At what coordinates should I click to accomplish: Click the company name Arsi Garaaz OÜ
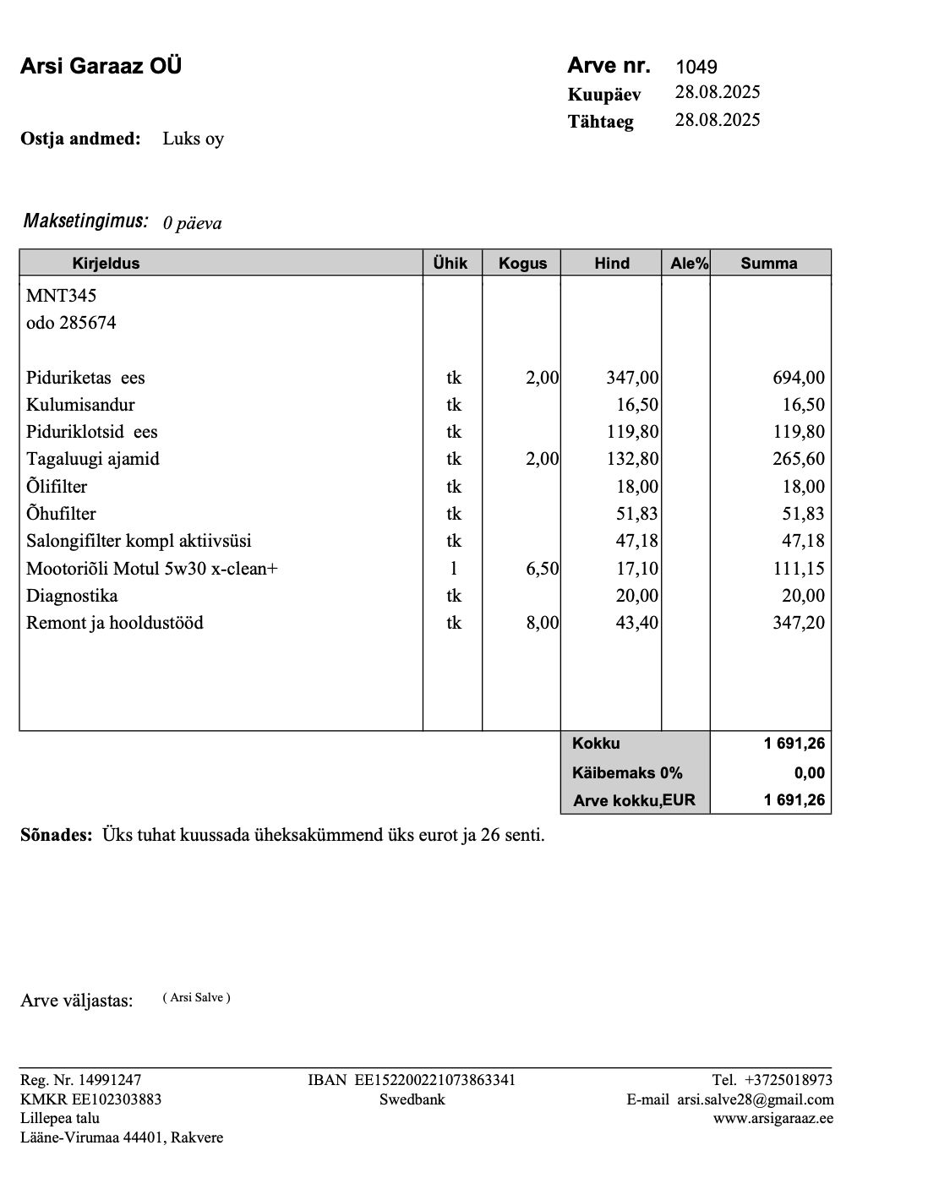[x=101, y=66]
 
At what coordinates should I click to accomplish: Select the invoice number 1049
[x=696, y=67]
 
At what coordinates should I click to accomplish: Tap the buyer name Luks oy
[x=193, y=139]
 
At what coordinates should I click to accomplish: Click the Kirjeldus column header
[x=106, y=263]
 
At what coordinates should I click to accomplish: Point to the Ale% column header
[x=689, y=263]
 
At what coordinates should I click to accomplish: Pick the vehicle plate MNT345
[x=61, y=295]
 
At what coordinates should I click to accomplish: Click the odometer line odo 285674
[x=71, y=323]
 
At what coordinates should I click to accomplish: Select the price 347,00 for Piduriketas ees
[x=632, y=378]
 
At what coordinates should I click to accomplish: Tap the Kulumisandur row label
[x=80, y=405]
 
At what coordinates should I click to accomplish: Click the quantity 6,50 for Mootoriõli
[x=542, y=569]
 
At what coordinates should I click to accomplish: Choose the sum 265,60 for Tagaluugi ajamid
[x=799, y=459]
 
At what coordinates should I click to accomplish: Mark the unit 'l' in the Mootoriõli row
[x=454, y=569]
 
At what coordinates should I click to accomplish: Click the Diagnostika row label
[x=72, y=596]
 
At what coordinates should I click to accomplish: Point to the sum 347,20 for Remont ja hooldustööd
[x=799, y=623]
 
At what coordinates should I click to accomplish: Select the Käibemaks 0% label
[x=627, y=772]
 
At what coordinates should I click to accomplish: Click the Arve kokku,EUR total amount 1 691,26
[x=794, y=799]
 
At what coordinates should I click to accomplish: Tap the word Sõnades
[x=56, y=836]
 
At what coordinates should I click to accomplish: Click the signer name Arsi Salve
[x=197, y=998]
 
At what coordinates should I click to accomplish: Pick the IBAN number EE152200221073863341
[x=434, y=1079]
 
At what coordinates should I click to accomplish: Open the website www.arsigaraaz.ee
[x=772, y=1118]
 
